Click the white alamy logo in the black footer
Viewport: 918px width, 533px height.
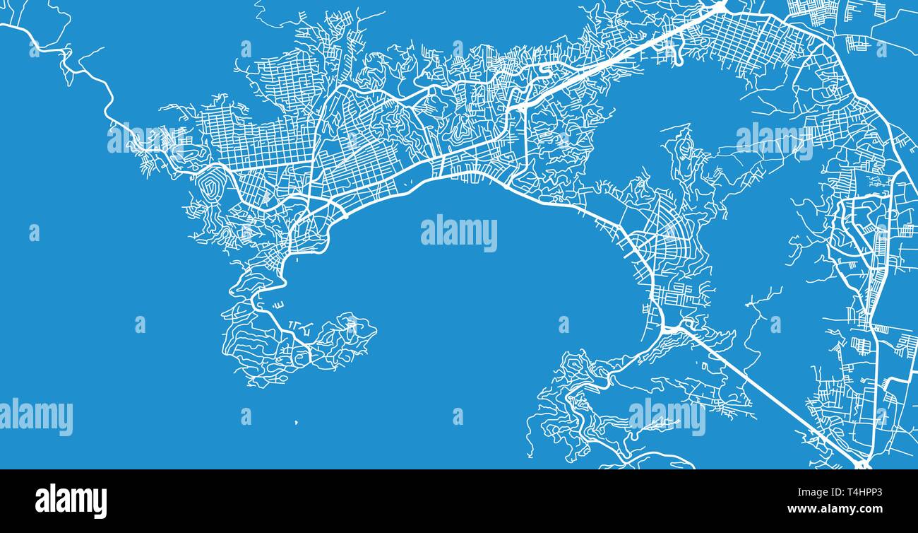(71, 500)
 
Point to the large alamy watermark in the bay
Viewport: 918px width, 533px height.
(459, 233)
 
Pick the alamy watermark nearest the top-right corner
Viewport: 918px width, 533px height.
(774, 142)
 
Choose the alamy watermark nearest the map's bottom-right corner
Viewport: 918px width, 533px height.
(667, 416)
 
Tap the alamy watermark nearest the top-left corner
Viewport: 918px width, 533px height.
(145, 139)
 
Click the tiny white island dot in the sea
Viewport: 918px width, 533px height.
(296, 423)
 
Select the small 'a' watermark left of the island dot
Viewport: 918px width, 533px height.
(246, 416)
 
